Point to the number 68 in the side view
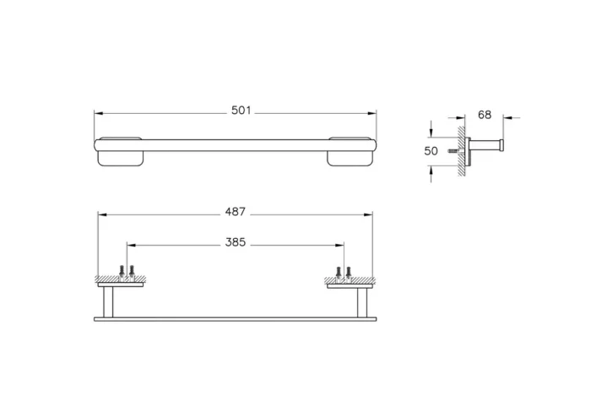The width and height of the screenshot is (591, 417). pyautogui.click(x=484, y=114)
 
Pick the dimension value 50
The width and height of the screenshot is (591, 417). pyautogui.click(x=431, y=151)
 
